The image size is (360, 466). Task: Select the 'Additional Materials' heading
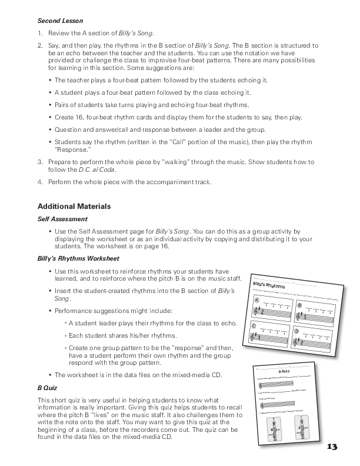tap(74, 207)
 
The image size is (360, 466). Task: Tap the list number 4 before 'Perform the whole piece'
tap(39, 182)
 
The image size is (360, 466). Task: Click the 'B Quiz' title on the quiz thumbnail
tap(284, 372)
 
